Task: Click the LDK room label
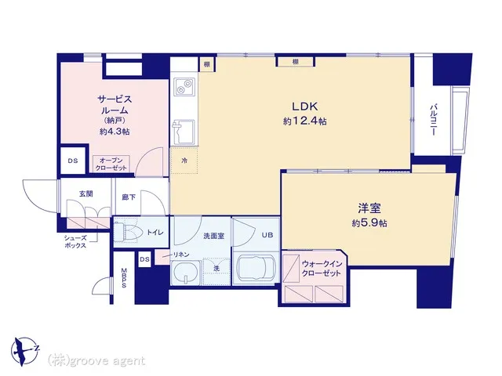coord(304,106)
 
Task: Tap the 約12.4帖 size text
coord(304,121)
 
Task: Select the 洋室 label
coord(369,208)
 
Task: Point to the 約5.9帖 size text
coord(369,222)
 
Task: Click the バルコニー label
coord(433,119)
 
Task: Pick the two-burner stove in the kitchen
coord(184,86)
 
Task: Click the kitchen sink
coord(184,132)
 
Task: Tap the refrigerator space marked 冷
coord(184,161)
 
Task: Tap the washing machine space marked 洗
coord(216,269)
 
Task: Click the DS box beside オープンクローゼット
coord(73,161)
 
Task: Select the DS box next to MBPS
coord(144,259)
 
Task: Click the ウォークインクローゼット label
coord(322,269)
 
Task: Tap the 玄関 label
coord(85,193)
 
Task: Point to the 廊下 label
coord(129,197)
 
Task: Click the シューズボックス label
coord(75,242)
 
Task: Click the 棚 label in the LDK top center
coord(295,61)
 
